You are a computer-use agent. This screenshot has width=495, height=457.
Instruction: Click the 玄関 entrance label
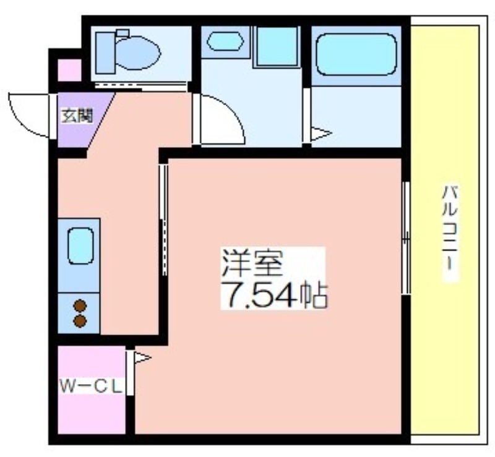pos(77,116)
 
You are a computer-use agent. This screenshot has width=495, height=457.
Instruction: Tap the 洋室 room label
pos(252,263)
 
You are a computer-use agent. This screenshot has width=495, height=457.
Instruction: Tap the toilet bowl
pos(137,53)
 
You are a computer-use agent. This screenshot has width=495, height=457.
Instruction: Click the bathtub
pos(356,54)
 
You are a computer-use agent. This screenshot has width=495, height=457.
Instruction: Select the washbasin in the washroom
pos(225,41)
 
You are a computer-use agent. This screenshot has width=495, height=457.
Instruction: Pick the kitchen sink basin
pos(80,246)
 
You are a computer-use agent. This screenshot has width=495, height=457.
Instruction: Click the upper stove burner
pos(80,305)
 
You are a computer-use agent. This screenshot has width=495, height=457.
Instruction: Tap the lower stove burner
pos(80,321)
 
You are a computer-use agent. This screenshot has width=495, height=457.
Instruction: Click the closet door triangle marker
pos(143,357)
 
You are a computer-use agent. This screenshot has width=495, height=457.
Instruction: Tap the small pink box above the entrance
pos(69,70)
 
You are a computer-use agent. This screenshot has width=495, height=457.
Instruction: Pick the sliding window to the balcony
pos(407,238)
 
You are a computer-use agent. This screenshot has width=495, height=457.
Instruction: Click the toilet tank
pos(105,53)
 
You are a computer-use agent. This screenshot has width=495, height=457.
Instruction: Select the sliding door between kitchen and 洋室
pos(163,220)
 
